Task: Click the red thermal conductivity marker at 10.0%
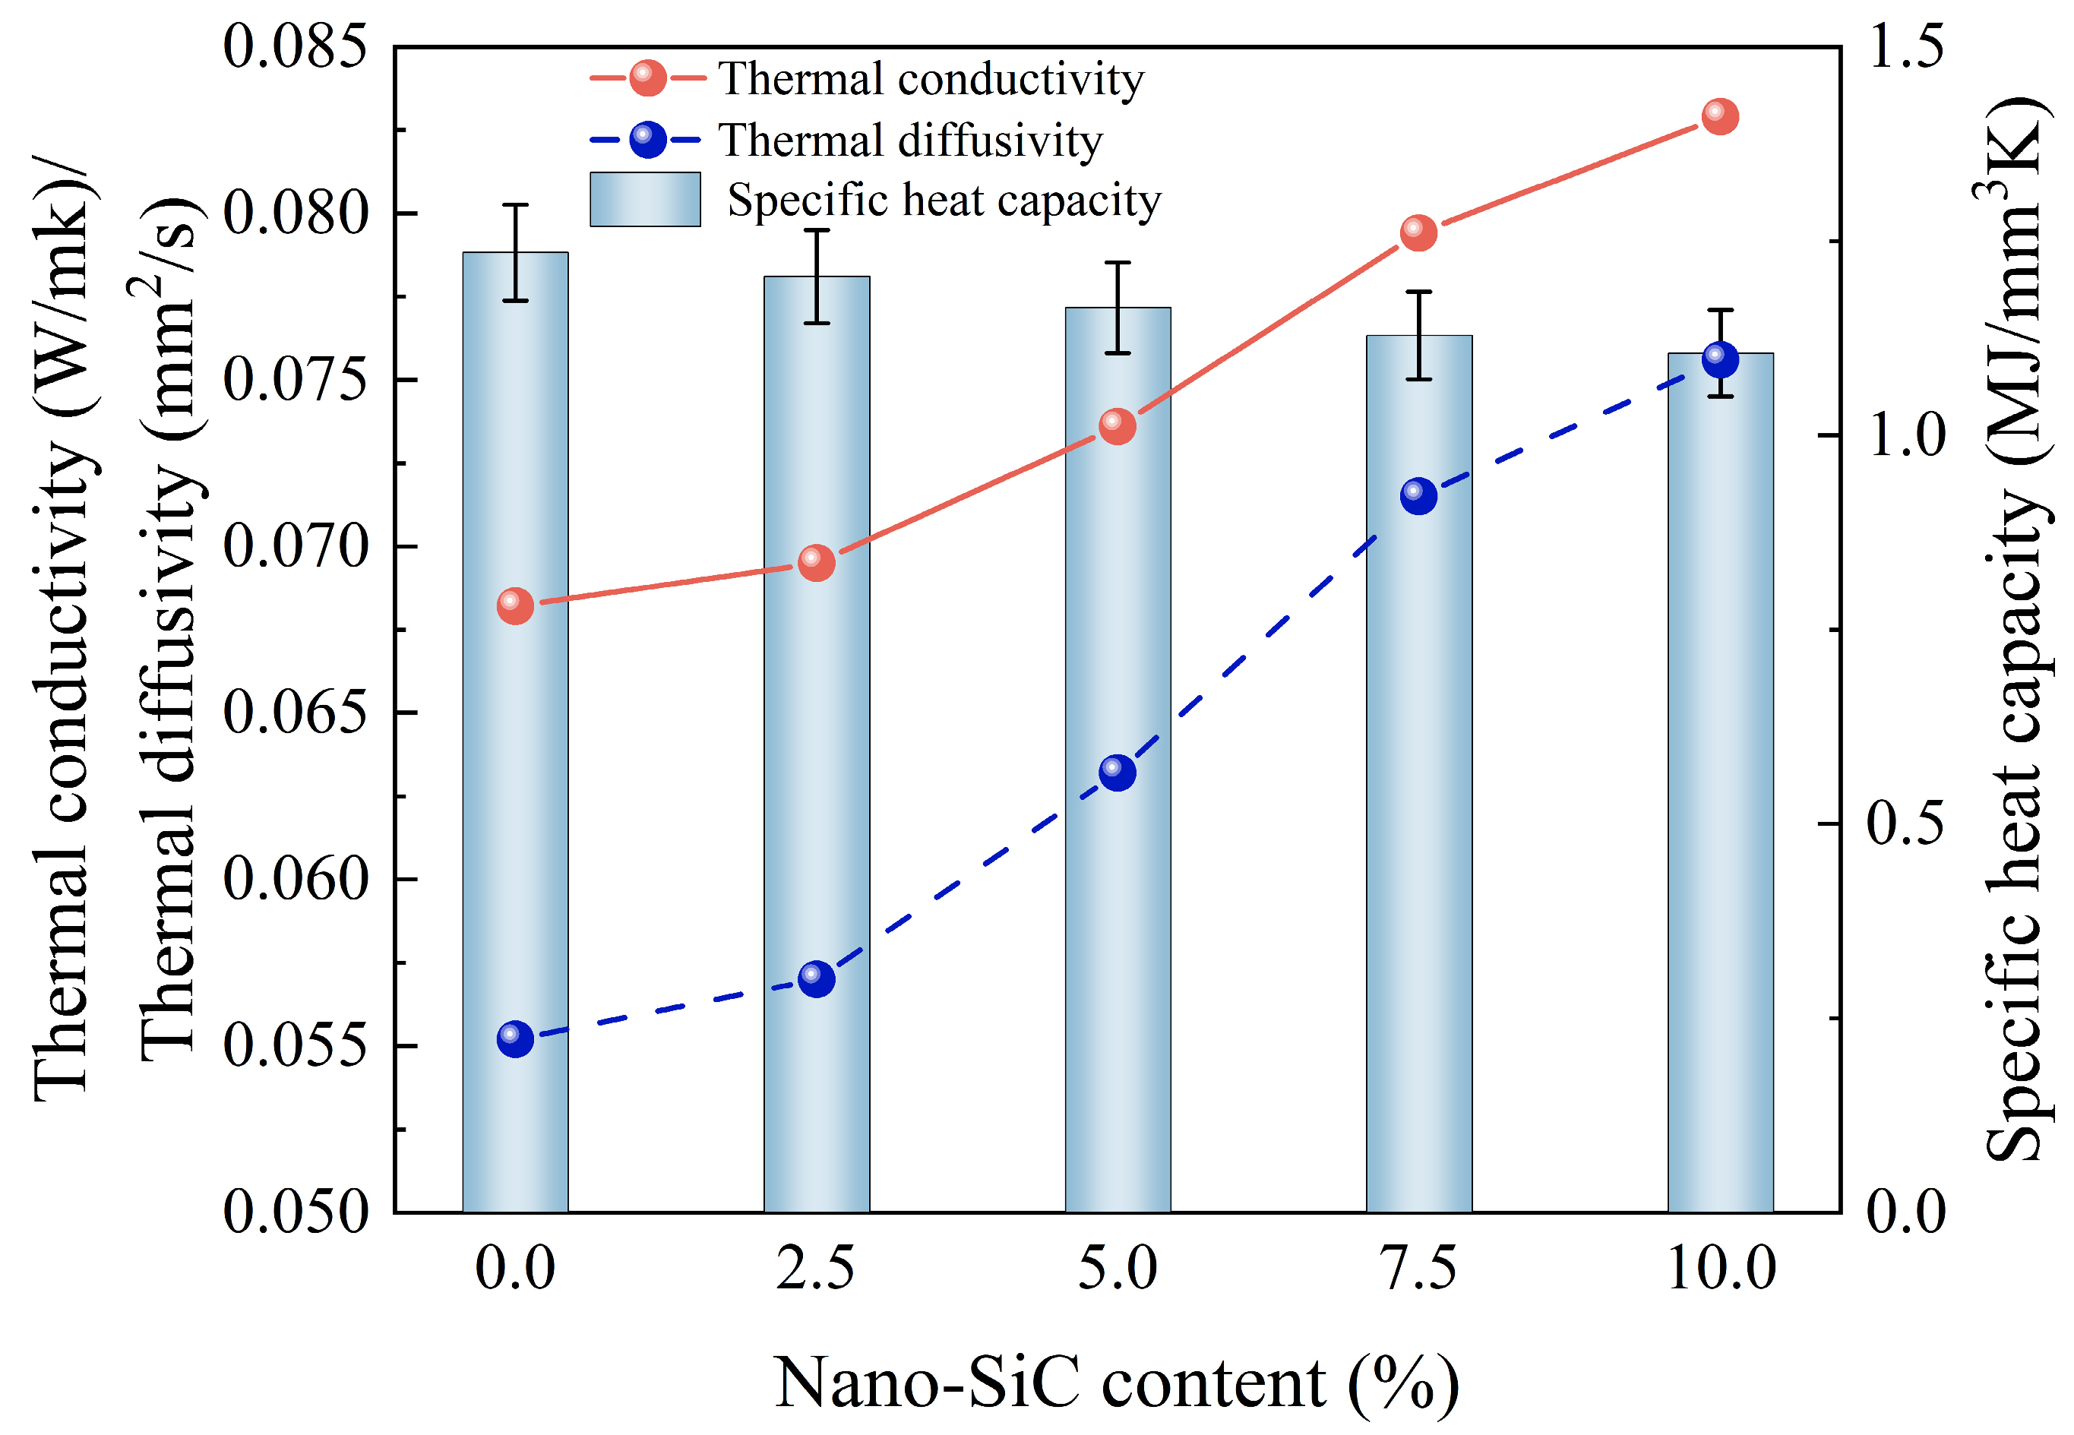[1719, 117]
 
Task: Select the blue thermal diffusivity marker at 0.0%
[515, 1038]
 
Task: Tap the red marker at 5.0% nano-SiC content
[1117, 426]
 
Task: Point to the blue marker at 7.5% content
[1418, 495]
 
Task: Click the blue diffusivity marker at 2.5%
[816, 978]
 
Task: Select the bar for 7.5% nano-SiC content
[1418, 809]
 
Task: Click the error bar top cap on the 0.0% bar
[515, 205]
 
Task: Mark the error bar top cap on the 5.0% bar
[1118, 263]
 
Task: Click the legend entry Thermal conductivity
[931, 79]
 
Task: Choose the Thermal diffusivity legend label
[910, 141]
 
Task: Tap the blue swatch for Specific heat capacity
[644, 200]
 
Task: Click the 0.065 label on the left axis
[295, 713]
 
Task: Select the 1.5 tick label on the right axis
[1904, 47]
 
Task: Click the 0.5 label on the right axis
[1904, 823]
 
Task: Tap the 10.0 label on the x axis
[1721, 1269]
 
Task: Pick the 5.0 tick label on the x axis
[1118, 1269]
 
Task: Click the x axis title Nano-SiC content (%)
[1117, 1382]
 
